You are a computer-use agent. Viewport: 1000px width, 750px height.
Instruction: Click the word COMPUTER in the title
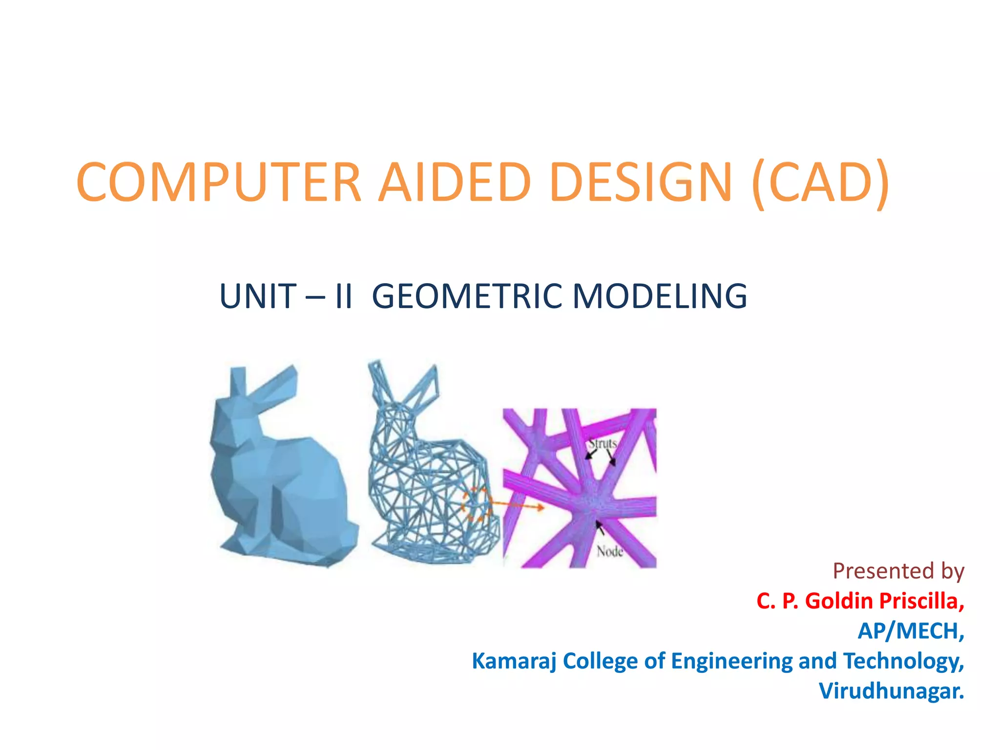point(218,182)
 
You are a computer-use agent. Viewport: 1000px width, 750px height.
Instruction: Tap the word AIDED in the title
point(455,182)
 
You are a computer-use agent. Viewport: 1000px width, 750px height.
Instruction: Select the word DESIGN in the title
point(641,182)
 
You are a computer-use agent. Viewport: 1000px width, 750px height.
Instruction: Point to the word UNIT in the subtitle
point(258,296)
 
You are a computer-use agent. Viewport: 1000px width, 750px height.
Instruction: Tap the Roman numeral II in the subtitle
point(344,296)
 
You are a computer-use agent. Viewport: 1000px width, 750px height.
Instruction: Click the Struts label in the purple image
point(603,443)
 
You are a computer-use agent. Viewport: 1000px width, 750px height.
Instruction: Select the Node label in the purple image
point(610,552)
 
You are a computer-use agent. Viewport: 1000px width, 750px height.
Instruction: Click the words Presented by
point(898,571)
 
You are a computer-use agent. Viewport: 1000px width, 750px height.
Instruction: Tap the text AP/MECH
point(911,631)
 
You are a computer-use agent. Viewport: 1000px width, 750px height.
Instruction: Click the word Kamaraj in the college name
point(514,661)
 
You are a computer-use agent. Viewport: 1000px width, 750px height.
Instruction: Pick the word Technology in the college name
point(903,661)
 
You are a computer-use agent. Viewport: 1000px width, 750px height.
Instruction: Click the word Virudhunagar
point(891,691)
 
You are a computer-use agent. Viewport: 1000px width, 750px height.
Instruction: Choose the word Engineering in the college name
point(732,661)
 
